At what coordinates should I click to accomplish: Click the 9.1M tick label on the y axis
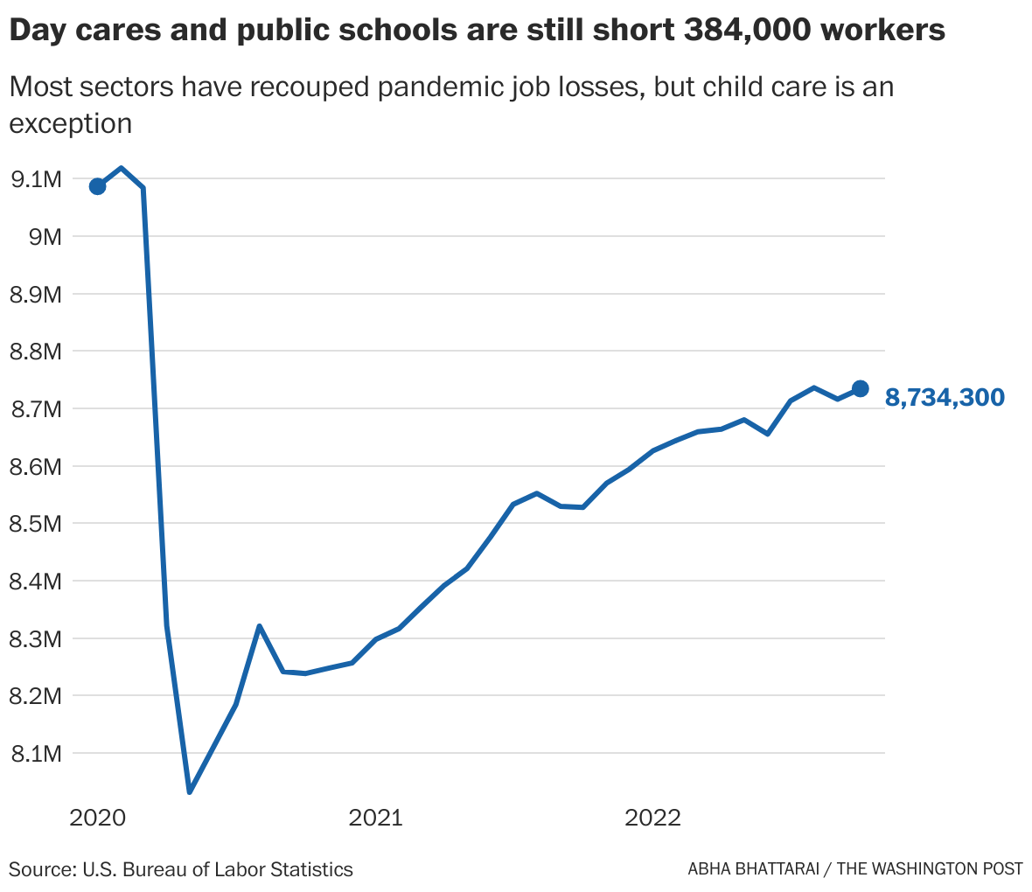(35, 179)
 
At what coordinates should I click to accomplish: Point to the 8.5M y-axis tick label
(35, 524)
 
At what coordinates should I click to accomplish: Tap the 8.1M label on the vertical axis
(35, 753)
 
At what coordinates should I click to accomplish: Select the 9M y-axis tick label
(41, 237)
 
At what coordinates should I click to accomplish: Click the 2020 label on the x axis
(97, 819)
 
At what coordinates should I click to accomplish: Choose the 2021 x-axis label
(375, 819)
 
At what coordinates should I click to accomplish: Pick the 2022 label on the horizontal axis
(652, 819)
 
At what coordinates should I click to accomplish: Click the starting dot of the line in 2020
(97, 186)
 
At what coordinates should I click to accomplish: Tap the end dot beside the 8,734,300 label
(860, 388)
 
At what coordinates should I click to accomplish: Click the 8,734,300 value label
(945, 398)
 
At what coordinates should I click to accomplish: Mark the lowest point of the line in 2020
(189, 791)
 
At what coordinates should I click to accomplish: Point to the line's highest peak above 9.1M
(121, 168)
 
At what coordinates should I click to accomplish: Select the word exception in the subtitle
(70, 123)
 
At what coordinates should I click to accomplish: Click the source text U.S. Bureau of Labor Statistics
(218, 869)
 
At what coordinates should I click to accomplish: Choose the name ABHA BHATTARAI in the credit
(757, 869)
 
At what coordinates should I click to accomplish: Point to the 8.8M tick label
(35, 352)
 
